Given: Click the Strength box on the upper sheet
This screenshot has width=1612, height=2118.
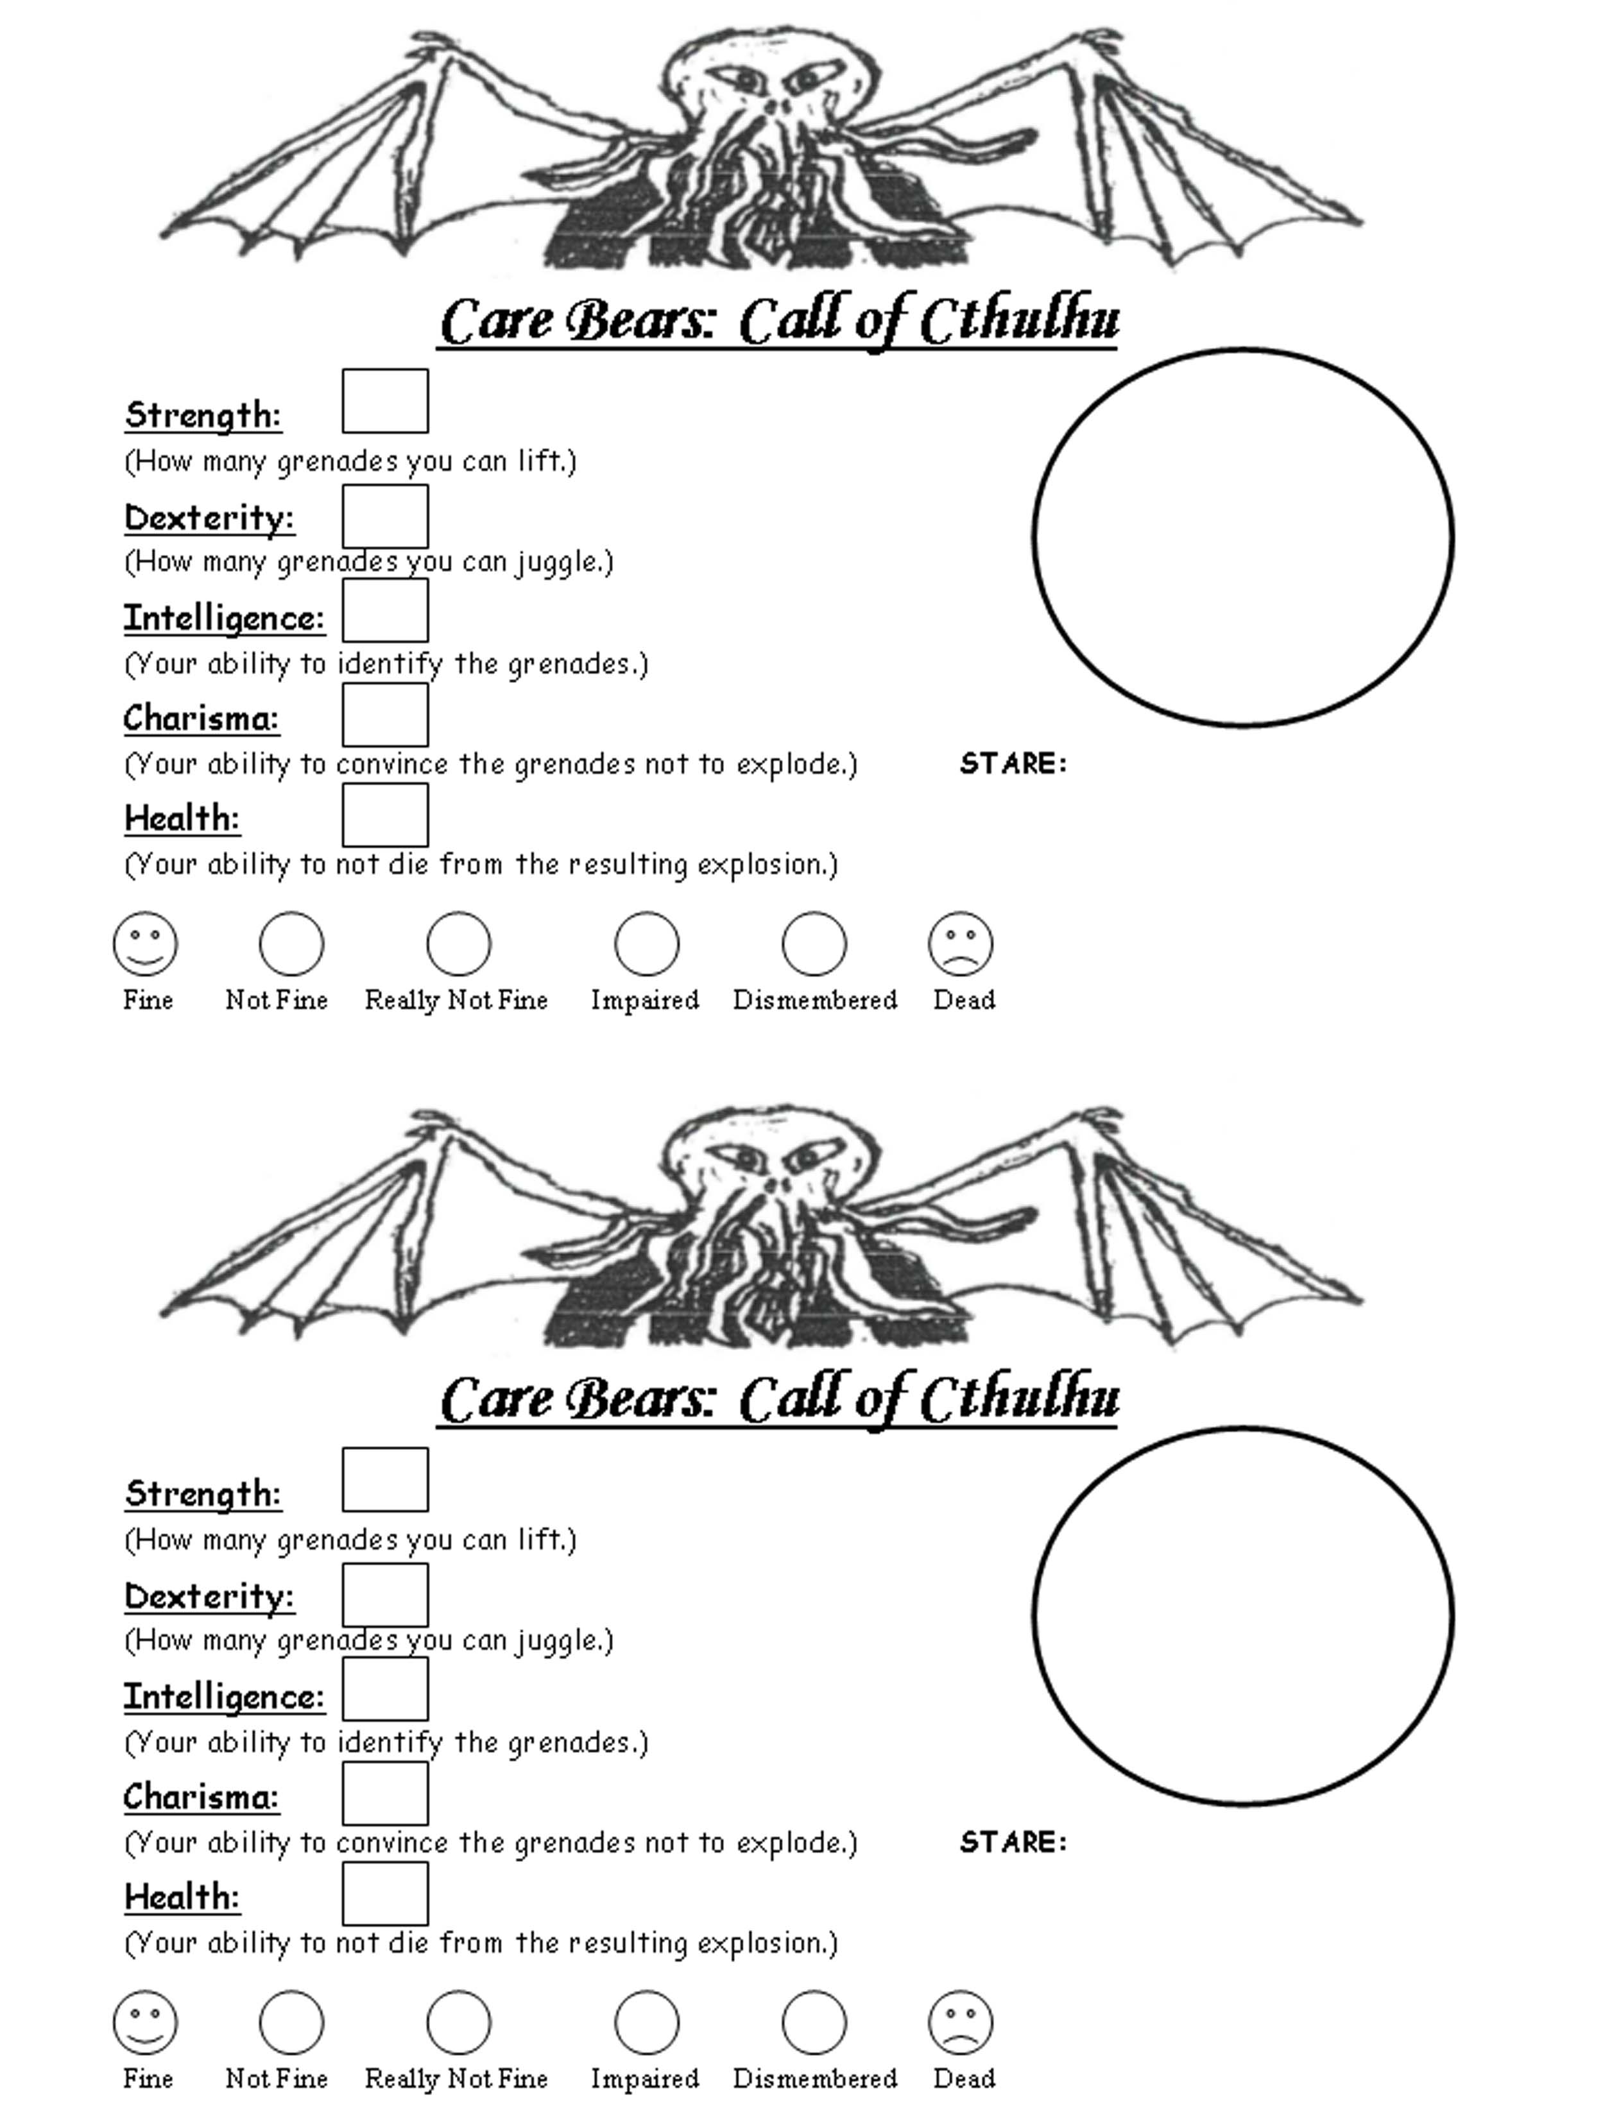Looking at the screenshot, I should click(x=385, y=401).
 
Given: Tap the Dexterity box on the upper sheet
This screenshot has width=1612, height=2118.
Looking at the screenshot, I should click(x=385, y=516).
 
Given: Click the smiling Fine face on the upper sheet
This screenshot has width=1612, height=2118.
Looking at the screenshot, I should click(x=146, y=943).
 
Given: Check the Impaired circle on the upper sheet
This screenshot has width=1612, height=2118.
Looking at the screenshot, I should click(x=647, y=943).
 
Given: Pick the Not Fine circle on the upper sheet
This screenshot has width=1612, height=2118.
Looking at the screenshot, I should click(x=292, y=943).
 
